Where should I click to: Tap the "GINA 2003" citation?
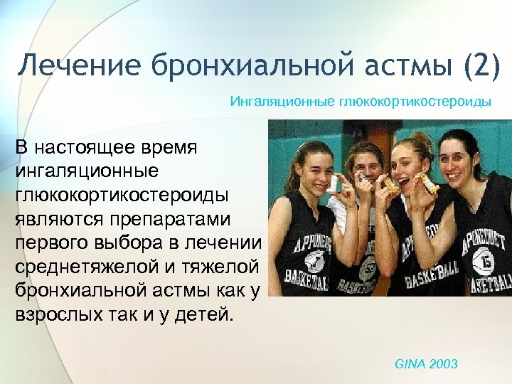(426, 364)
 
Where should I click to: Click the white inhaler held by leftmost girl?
(334, 183)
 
